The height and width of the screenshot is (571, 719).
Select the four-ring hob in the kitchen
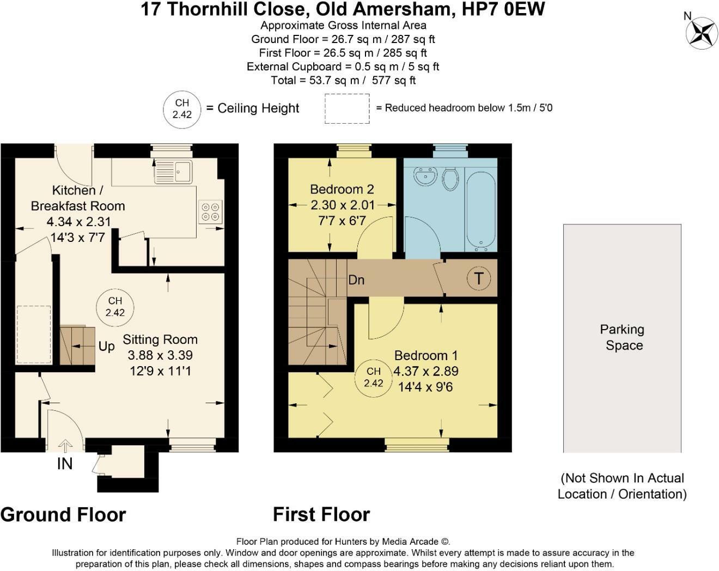point(210,212)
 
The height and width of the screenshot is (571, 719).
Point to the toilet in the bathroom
point(450,178)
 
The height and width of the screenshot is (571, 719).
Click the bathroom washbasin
point(425,176)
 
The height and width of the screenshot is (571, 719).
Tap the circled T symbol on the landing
point(478,278)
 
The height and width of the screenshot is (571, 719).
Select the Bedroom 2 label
point(342,190)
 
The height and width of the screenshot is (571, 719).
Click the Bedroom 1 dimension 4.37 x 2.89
point(425,371)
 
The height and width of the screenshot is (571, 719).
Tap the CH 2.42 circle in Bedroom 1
point(374,377)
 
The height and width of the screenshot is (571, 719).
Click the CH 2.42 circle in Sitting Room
point(115,307)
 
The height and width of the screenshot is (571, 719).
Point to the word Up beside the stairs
point(107,347)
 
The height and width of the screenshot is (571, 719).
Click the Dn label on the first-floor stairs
point(356,280)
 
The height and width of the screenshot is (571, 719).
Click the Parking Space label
point(623,337)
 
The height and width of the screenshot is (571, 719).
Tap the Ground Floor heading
point(63,514)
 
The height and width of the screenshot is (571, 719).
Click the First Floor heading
point(321,514)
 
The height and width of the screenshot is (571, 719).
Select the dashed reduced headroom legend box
point(347,108)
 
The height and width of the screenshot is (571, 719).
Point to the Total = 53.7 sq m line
point(343,80)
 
